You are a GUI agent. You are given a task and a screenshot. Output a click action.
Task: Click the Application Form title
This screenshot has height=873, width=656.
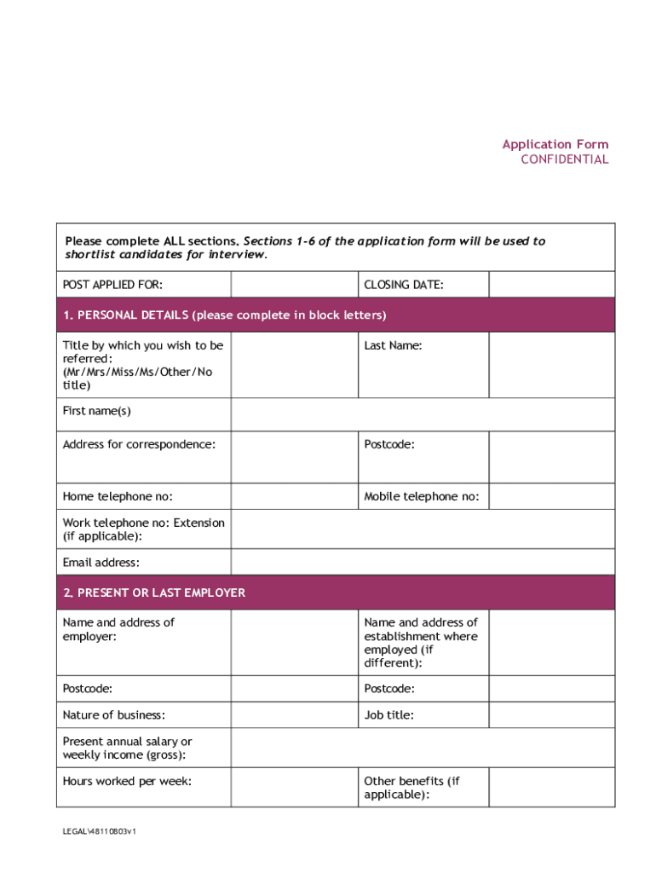point(555,144)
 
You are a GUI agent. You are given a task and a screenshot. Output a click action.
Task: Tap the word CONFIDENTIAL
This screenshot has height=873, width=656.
point(565,159)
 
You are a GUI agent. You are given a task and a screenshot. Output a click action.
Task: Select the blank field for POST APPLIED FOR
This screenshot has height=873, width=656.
point(294,285)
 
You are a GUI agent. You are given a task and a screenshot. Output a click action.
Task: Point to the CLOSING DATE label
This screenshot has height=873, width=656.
point(403,285)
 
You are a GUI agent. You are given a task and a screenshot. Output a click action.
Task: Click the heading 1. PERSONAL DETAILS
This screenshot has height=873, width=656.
point(224,315)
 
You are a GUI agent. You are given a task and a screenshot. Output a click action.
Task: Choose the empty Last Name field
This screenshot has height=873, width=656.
point(551,365)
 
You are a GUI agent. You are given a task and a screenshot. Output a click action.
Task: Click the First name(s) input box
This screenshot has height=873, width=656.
point(423,415)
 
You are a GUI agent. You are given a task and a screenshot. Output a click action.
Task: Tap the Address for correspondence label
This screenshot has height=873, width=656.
point(139,444)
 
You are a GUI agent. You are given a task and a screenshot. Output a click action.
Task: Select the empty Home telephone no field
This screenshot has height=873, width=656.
point(294,496)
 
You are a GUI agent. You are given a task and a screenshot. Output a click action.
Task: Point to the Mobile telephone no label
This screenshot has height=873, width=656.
point(421,496)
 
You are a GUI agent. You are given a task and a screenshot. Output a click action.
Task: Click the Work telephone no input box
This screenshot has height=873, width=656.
point(423,529)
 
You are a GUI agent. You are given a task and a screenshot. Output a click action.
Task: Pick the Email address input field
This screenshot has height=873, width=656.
point(423,563)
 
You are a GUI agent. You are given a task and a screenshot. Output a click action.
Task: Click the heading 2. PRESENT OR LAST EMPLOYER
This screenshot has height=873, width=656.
point(153,593)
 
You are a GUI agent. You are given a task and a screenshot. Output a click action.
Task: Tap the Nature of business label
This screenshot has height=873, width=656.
point(113,714)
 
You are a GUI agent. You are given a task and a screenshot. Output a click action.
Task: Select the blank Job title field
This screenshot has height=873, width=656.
point(551,714)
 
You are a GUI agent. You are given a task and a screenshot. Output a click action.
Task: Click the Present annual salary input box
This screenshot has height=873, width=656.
point(423,748)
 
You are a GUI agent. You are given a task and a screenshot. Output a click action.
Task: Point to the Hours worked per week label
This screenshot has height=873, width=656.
point(127,781)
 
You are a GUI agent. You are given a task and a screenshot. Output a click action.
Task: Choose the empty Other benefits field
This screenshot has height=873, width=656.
point(551,787)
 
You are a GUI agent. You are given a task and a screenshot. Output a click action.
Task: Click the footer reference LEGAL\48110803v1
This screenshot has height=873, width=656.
point(99,831)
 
